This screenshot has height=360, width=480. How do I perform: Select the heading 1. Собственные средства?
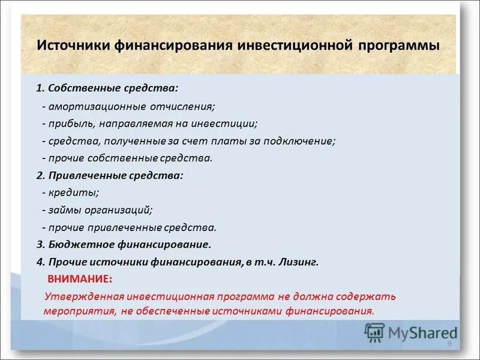(107, 88)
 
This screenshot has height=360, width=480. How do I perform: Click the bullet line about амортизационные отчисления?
(128, 106)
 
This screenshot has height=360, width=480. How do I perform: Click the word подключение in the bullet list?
(299, 141)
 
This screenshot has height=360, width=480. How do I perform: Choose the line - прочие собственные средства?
(127, 158)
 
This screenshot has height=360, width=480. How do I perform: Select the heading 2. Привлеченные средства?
(109, 176)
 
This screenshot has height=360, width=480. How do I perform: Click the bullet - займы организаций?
(97, 211)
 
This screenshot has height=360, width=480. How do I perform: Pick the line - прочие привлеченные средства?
(129, 228)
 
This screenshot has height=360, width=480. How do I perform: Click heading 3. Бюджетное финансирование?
(124, 245)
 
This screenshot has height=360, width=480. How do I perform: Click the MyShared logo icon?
(375, 331)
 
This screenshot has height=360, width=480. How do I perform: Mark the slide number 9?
(449, 343)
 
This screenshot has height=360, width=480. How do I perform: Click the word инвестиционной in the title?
(292, 46)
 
